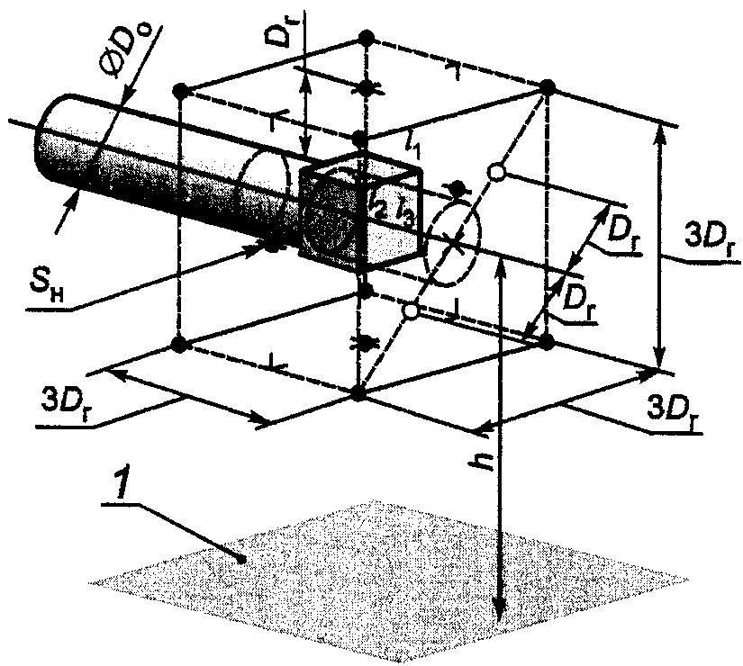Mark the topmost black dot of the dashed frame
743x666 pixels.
[x=365, y=37]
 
